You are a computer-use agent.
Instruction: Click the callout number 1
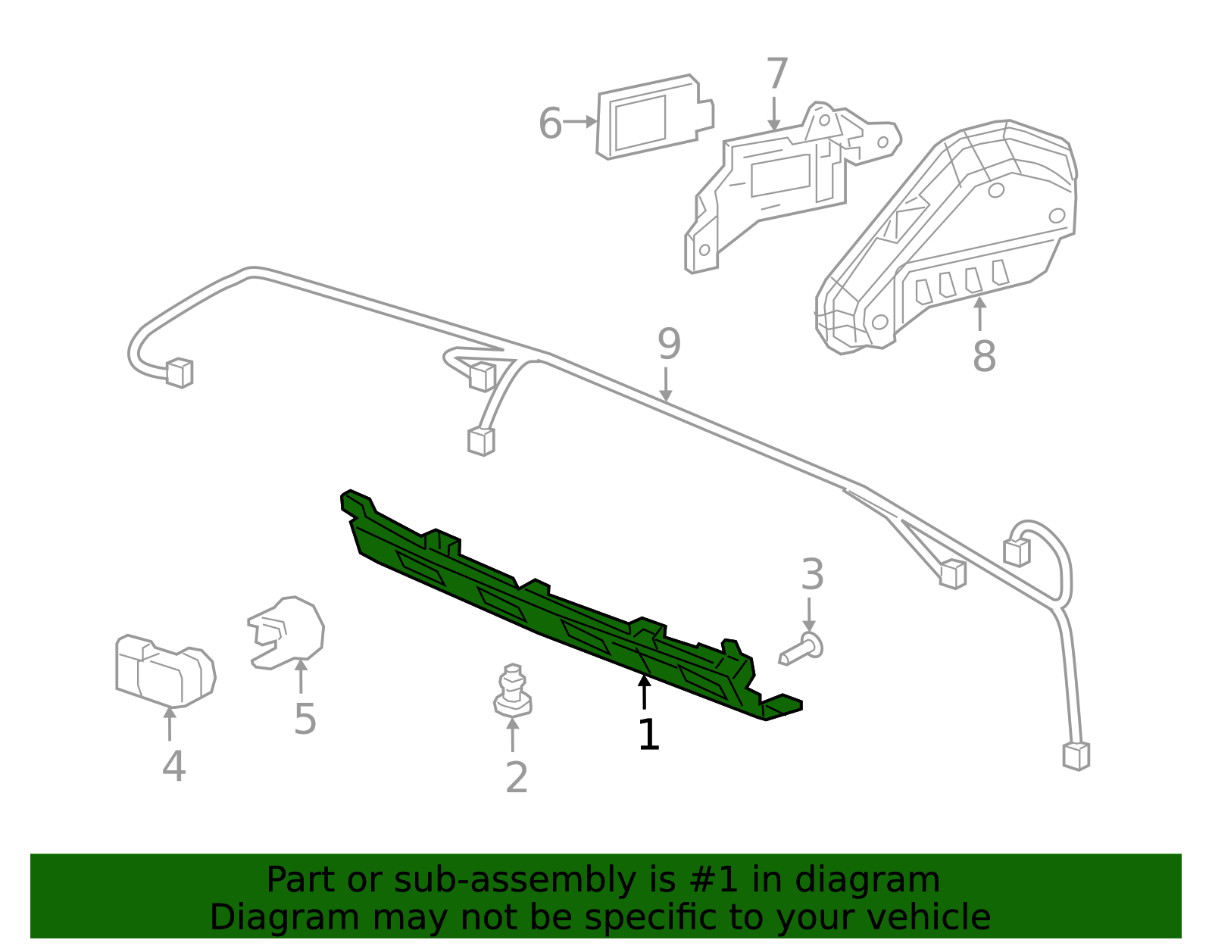click(648, 735)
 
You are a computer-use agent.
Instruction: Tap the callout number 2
click(517, 777)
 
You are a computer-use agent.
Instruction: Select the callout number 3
click(812, 575)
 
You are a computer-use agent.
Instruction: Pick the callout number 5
click(305, 719)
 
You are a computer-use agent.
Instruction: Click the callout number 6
click(550, 123)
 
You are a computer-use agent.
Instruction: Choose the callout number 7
click(777, 74)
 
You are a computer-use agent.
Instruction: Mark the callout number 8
click(983, 356)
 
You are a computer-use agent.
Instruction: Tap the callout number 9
click(669, 345)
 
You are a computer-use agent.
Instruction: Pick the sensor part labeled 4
click(165, 670)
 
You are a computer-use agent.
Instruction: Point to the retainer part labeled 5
click(289, 632)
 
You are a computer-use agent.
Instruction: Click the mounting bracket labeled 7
click(780, 182)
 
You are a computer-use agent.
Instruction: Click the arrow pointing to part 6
click(582, 121)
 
